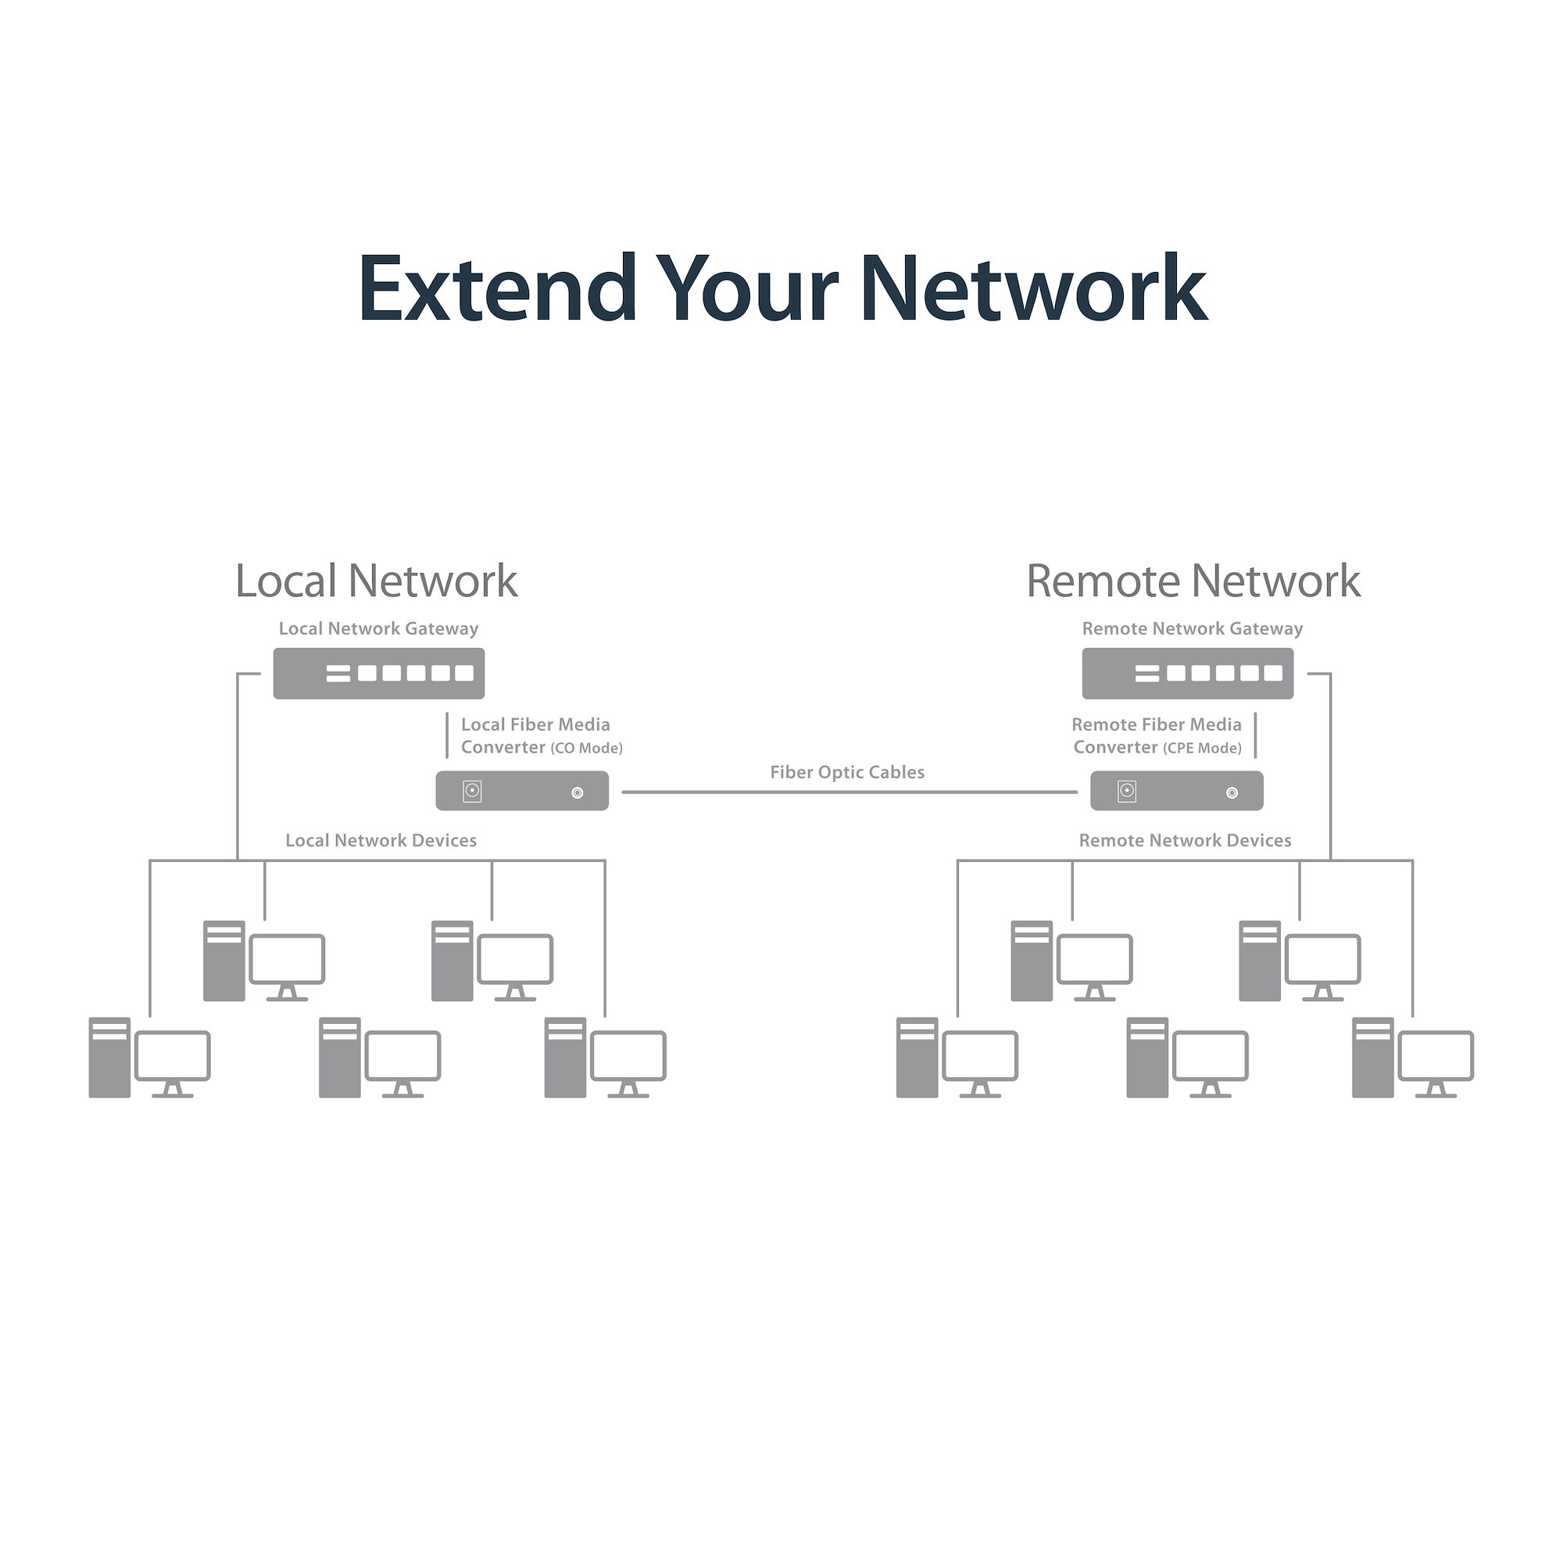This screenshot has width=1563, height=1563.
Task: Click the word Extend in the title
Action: pos(497,288)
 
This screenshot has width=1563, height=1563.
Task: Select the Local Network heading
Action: pos(376,581)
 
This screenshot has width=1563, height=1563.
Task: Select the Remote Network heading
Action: pos(1193,581)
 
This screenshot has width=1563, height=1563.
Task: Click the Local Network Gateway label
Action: pos(378,628)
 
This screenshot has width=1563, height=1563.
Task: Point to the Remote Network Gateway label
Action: pos(1193,628)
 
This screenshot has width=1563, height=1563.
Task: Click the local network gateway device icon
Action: pos(378,673)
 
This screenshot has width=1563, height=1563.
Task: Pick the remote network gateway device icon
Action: pos(1188,673)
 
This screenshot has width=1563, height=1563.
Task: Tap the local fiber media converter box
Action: pos(522,791)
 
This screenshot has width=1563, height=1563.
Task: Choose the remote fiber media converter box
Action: pos(1176,791)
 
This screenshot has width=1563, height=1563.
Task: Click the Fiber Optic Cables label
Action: pos(847,773)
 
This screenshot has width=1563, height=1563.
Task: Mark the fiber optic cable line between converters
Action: pos(849,792)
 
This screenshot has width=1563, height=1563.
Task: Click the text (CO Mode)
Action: pos(587,749)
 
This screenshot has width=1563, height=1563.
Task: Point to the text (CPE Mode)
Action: pos(1202,749)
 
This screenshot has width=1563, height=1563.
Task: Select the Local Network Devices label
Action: pos(381,841)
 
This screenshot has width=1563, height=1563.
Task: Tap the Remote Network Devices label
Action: pos(1186,841)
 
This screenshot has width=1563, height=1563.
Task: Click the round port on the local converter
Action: pos(578,792)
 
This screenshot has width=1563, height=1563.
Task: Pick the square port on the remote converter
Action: pos(1127,790)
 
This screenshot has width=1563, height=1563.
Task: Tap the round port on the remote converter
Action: pos(1232,792)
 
